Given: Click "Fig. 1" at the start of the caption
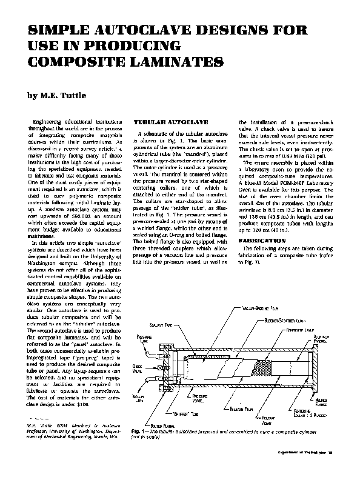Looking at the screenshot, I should [137, 431].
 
